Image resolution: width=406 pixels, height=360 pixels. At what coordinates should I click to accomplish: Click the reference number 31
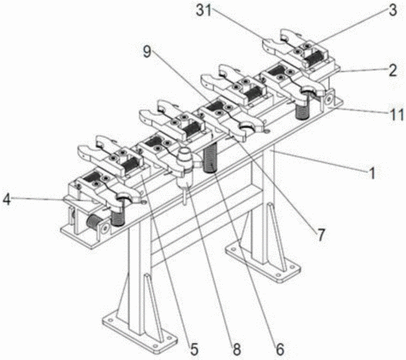204,10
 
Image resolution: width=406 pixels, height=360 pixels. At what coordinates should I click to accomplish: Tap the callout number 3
392,10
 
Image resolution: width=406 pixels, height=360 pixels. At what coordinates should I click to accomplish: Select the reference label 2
392,70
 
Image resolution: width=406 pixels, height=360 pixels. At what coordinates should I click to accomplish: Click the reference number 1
372,173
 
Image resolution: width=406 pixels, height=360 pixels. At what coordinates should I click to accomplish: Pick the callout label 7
320,235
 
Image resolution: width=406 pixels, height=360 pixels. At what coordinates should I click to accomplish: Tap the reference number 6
280,349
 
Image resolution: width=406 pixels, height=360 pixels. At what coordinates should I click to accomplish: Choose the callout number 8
237,349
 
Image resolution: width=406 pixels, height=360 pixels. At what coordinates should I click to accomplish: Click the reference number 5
194,349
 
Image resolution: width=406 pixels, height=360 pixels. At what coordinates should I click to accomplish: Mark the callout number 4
6,199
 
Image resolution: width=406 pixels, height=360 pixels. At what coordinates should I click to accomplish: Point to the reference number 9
147,52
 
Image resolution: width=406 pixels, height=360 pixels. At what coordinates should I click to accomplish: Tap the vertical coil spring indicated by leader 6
211,158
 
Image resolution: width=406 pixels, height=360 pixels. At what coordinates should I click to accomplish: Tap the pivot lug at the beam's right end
328,99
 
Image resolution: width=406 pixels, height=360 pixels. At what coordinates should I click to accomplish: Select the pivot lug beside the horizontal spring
105,227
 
